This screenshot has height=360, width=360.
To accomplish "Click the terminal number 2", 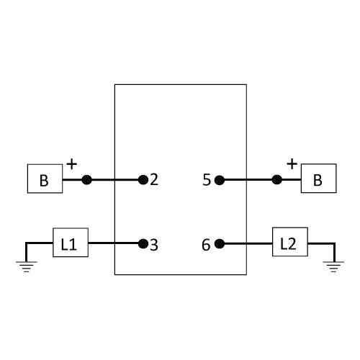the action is coord(154,179).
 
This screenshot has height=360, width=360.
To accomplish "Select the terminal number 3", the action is coord(154,245).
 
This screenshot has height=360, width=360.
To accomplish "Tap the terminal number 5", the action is coord(207,180).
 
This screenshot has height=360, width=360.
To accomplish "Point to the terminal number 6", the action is coord(206,245).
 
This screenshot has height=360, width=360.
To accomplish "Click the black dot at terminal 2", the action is coord(143,180).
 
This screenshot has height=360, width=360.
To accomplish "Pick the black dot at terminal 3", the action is coord(143,244).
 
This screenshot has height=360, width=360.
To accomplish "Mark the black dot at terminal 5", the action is coord(220,180).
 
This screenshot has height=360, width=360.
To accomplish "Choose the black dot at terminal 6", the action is coord(220,244).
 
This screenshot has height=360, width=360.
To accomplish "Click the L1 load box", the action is coord(71,243).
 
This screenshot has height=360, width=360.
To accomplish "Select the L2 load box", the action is coord(290,242).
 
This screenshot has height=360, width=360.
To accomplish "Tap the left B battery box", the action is coord(45,179).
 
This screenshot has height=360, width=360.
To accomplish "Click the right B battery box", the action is coord(319,179).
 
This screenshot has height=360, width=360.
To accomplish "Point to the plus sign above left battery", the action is coord(72,164).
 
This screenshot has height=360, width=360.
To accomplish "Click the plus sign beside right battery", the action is coord(292,164).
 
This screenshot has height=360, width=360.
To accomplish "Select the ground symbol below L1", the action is coord(27,266).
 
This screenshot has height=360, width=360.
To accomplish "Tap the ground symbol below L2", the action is coord(333,266).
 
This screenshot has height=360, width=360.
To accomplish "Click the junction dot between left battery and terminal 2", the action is coord(86,180).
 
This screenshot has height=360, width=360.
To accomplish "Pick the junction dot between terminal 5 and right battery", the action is coord(277,179).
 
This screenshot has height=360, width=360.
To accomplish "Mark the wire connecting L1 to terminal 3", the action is coord(113,243).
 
